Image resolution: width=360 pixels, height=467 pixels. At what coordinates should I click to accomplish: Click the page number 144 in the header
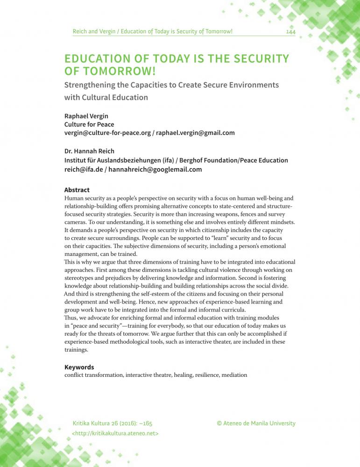click(x=291, y=32)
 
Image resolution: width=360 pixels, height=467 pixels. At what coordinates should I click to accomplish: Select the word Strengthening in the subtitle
click(x=90, y=85)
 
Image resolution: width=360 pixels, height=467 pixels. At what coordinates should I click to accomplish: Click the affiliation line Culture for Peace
click(x=89, y=125)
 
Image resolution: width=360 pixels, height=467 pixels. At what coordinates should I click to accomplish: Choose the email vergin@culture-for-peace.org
click(x=107, y=133)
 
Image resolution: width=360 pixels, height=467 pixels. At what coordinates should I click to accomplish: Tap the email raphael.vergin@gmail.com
click(x=196, y=133)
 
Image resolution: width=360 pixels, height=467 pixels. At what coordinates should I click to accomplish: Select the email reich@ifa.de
click(x=84, y=170)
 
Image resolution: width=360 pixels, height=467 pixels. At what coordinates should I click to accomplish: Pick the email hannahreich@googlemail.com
click(x=155, y=170)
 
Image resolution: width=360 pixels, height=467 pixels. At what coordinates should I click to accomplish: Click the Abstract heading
click(x=77, y=190)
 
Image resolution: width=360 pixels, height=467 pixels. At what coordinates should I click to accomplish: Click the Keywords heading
click(x=79, y=367)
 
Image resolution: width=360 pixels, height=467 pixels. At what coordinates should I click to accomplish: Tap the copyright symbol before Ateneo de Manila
click(x=219, y=424)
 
